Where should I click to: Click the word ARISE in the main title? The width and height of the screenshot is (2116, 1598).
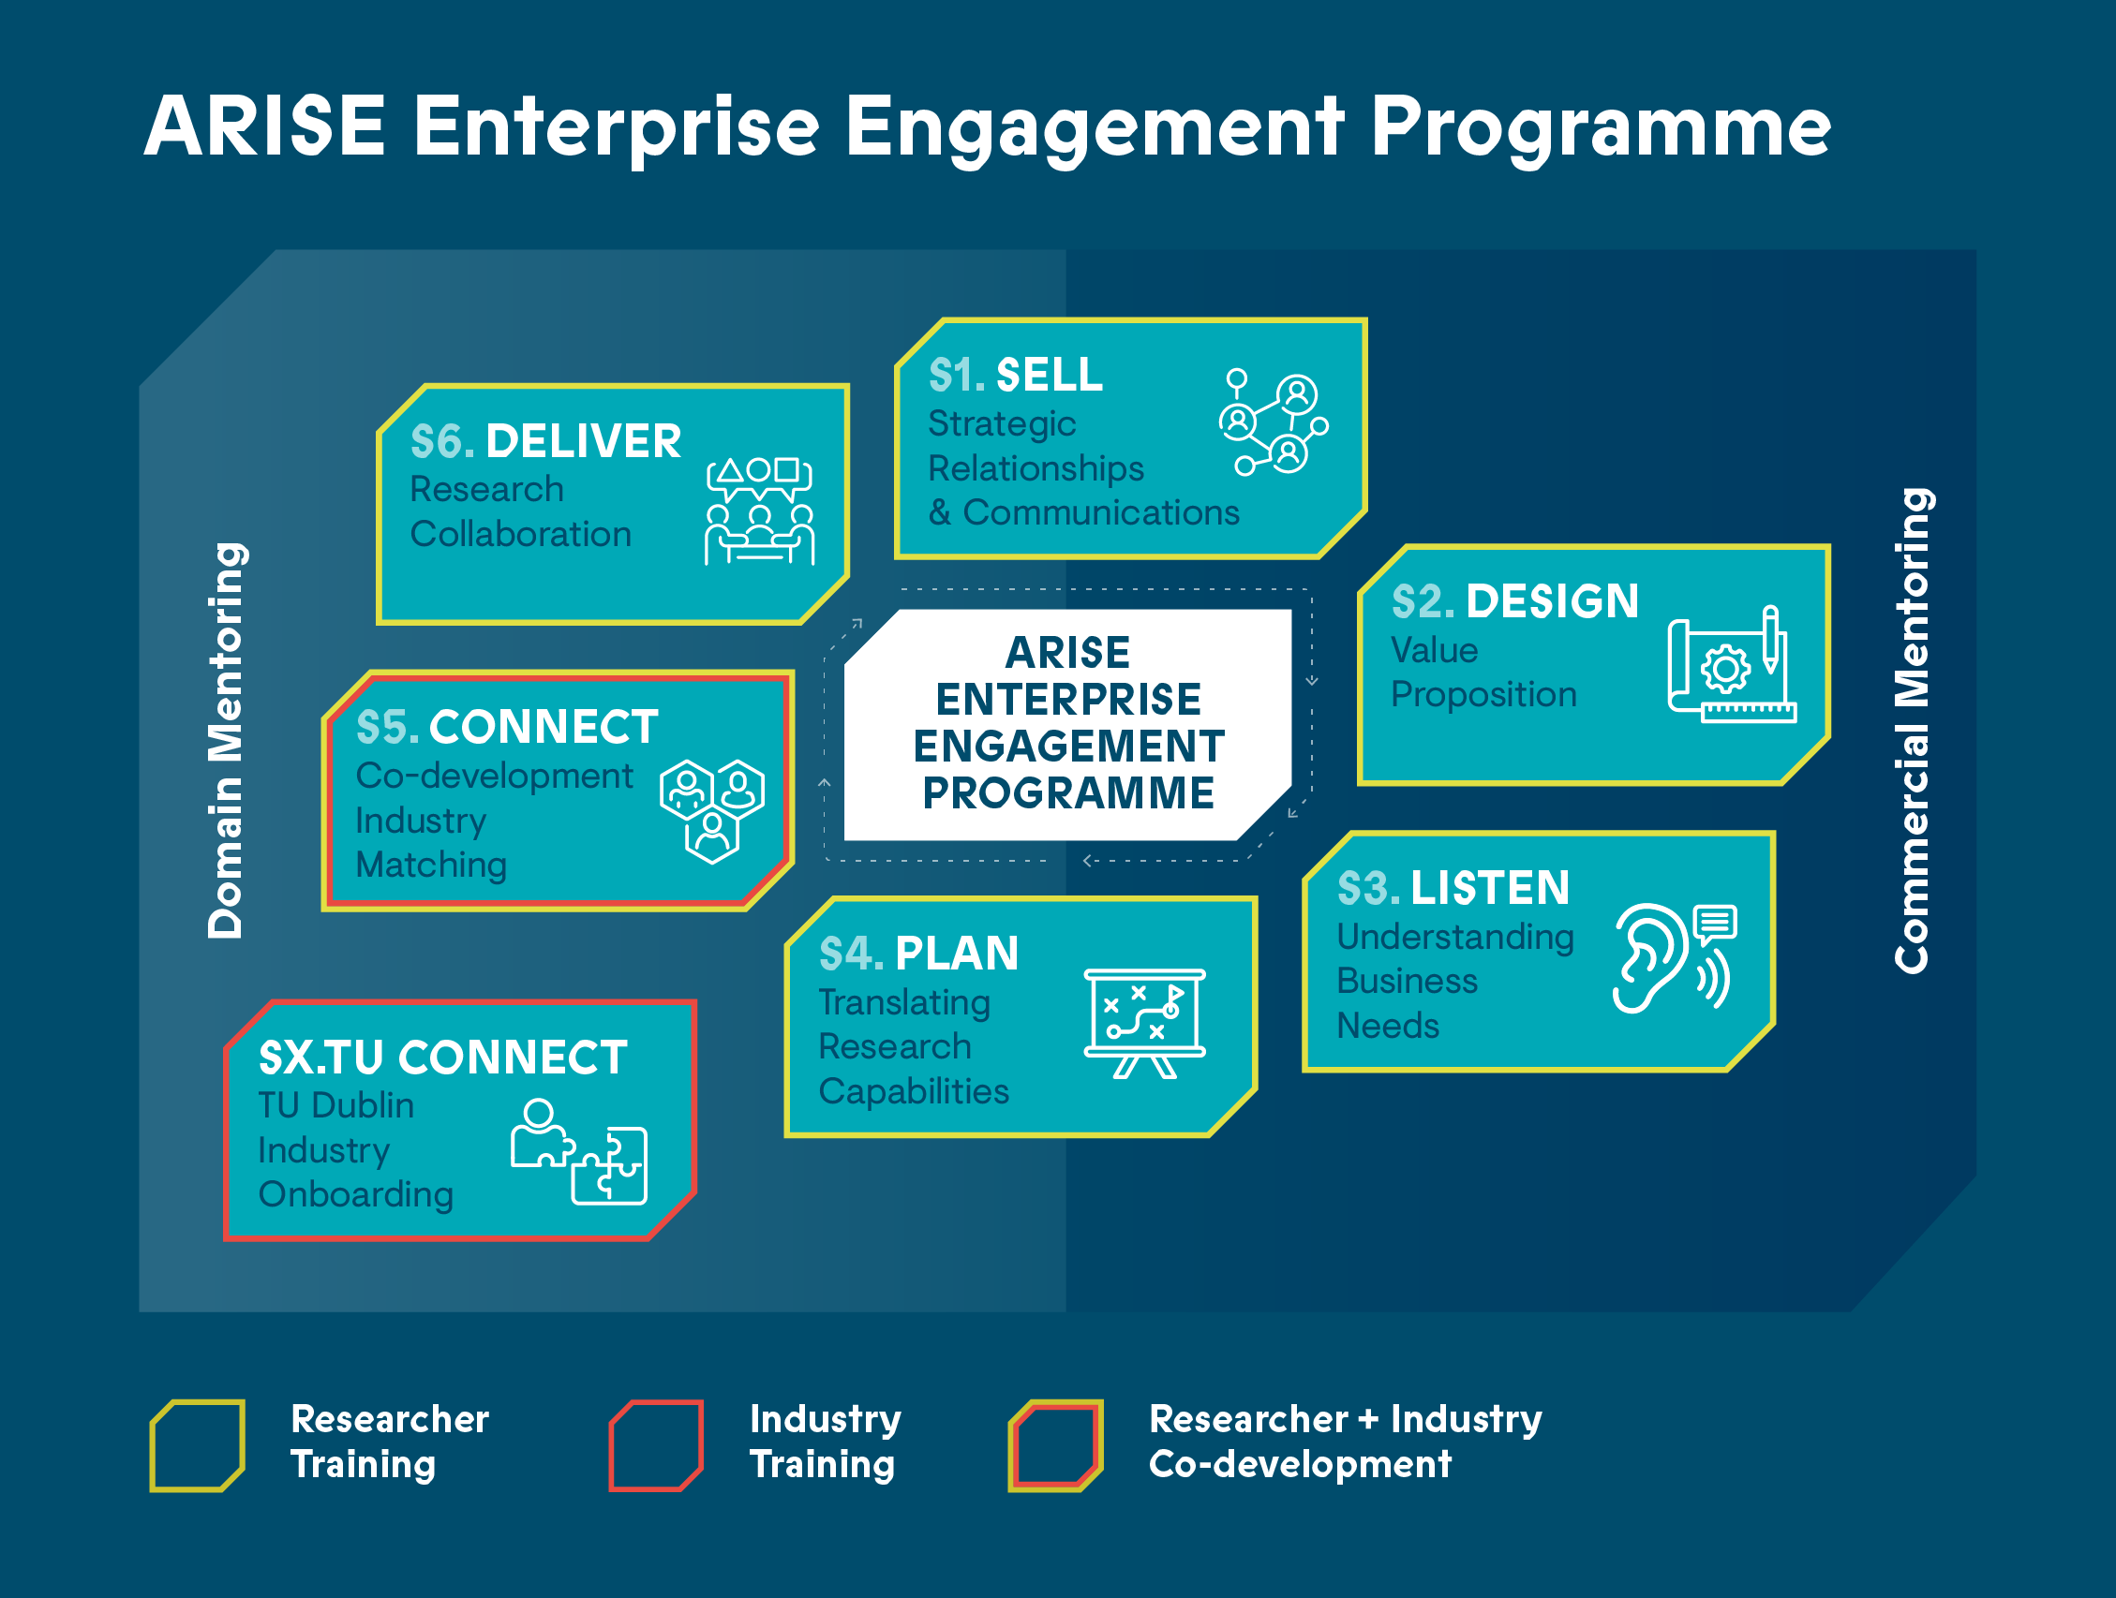pyautogui.click(x=265, y=127)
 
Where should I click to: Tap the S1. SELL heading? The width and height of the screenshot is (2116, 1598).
pyautogui.click(x=1015, y=375)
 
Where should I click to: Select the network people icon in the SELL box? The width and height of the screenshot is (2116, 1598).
pyautogui.click(x=1274, y=422)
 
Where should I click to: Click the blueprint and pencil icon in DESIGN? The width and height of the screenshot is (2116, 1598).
pyautogui.click(x=1731, y=665)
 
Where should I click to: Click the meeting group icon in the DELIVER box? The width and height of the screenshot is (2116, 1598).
pyautogui.click(x=760, y=510)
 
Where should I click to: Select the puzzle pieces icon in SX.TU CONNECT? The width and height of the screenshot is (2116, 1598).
pyautogui.click(x=580, y=1151)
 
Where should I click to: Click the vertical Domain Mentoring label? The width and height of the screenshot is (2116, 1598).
pyautogui.click(x=227, y=741)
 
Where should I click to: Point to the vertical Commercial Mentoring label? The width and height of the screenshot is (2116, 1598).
pyautogui.click(x=1913, y=732)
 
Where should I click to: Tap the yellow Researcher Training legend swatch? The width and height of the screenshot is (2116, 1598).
pyautogui.click(x=197, y=1445)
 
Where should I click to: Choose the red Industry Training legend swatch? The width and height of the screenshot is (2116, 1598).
pyautogui.click(x=656, y=1445)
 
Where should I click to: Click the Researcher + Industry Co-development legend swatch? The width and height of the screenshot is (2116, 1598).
pyautogui.click(x=1055, y=1445)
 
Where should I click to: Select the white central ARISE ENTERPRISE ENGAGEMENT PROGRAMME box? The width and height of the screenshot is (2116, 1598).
pyautogui.click(x=1067, y=724)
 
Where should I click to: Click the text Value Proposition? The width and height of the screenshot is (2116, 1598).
pyautogui.click(x=1483, y=673)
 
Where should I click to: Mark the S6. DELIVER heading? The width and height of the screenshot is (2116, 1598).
pyautogui.click(x=545, y=442)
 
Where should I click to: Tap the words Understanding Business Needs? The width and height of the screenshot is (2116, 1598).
pyautogui.click(x=1454, y=980)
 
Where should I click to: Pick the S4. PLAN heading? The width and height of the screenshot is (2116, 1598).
pyautogui.click(x=918, y=954)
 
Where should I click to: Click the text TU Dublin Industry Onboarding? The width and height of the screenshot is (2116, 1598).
pyautogui.click(x=355, y=1149)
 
